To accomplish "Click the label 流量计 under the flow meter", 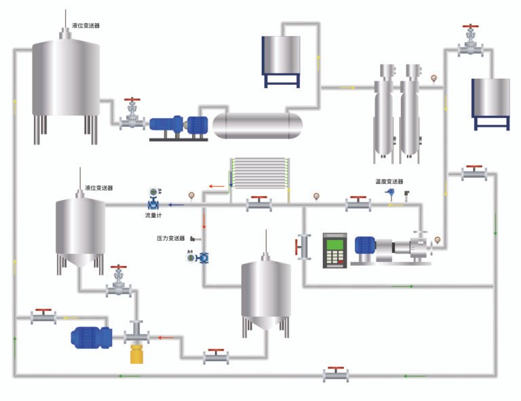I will click(x=155, y=215).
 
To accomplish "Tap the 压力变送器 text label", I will click(x=171, y=238).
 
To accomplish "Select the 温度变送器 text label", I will click(x=389, y=182).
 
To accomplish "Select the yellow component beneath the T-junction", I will click(x=138, y=354).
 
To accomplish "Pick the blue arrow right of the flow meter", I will click(x=176, y=204).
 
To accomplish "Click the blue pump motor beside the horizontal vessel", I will click(x=178, y=126).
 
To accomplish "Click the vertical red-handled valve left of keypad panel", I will click(x=301, y=246).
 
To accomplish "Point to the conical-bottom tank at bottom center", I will click(x=267, y=293).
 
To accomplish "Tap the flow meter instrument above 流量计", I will click(x=155, y=199).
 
